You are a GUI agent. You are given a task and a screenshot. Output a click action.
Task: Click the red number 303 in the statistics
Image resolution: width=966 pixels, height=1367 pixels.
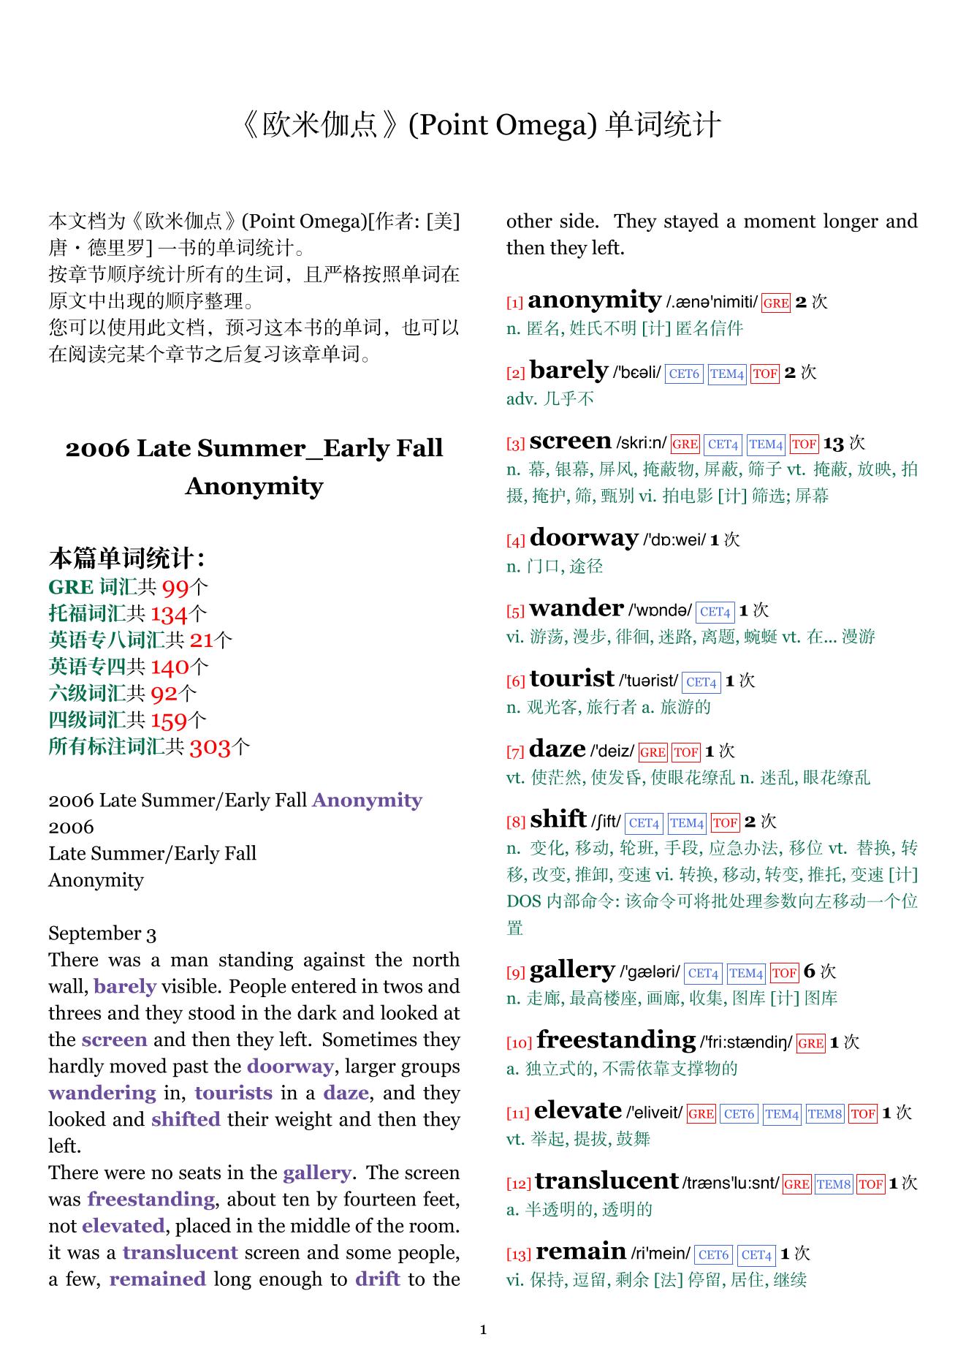210,747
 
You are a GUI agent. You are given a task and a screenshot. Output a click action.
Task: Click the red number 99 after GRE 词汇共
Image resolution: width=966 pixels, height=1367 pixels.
175,588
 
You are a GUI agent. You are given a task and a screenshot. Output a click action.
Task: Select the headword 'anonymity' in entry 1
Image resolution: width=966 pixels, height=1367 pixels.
594,300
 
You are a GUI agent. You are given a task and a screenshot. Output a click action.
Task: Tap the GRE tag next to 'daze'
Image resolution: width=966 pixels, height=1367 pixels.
652,752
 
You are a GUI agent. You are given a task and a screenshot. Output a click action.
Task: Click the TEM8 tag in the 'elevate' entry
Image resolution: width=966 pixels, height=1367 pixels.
824,1114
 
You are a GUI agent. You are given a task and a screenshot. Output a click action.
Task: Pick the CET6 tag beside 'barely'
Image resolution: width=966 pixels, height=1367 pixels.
684,374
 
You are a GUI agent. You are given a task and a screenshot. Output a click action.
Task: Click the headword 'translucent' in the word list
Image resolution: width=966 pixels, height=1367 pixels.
606,1181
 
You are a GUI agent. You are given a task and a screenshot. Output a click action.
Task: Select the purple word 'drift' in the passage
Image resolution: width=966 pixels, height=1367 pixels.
378,1279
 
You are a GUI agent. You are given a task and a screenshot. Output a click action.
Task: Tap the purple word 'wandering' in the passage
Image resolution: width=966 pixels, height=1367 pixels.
102,1093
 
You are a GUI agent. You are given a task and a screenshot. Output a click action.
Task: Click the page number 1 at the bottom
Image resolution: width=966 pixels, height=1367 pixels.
483,1330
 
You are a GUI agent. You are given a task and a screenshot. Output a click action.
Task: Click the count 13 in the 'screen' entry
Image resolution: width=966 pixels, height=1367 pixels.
833,443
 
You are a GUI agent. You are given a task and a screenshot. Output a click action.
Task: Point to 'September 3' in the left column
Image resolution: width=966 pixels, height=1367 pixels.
102,934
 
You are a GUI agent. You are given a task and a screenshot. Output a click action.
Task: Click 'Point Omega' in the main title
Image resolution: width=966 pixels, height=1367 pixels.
498,125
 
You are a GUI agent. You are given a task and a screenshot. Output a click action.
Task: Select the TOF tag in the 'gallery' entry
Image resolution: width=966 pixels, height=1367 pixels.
784,973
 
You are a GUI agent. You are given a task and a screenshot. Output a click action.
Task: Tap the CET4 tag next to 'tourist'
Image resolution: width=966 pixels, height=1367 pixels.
701,682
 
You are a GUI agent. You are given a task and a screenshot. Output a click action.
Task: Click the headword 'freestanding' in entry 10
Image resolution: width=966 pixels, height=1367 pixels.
616,1040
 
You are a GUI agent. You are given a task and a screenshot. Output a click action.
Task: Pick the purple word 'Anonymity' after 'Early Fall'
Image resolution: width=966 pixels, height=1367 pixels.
367,800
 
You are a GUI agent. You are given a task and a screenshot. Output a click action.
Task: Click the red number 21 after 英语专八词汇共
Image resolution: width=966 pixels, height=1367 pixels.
201,640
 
